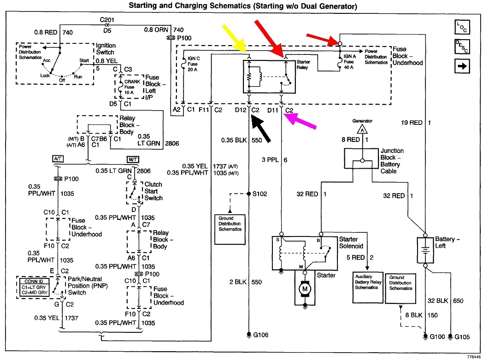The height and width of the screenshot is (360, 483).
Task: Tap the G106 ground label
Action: [260, 335]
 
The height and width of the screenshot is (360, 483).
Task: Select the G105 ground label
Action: [462, 337]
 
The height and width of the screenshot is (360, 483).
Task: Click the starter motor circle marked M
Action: [305, 289]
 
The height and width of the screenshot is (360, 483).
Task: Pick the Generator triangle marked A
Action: [362, 130]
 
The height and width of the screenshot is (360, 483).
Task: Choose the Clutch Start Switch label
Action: [153, 191]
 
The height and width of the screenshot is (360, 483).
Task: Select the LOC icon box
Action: [461, 27]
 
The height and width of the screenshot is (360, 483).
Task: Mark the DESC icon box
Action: [461, 47]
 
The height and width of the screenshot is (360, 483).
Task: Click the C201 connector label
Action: [107, 20]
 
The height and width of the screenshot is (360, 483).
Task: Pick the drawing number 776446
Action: [472, 356]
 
